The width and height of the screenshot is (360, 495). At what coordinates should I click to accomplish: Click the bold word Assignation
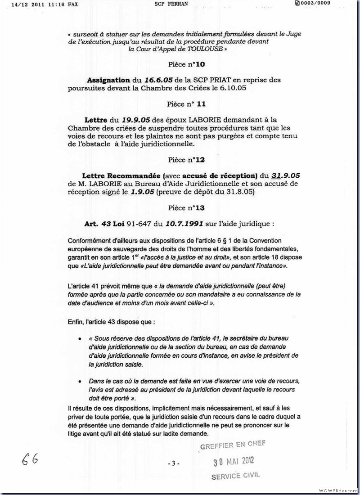pyautogui.click(x=110, y=80)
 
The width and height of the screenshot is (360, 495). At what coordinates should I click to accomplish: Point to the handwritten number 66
pyautogui.click(x=28, y=459)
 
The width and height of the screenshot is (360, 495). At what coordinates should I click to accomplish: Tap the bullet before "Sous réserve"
pyautogui.click(x=80, y=339)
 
